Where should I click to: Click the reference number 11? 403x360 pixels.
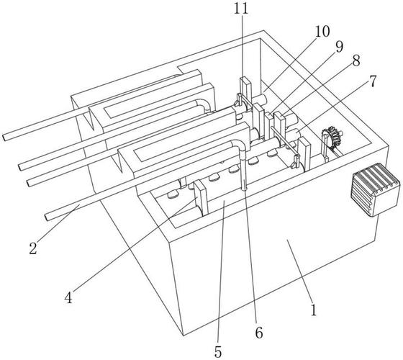241,8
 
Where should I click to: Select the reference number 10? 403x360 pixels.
322,32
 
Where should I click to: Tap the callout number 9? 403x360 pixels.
339,47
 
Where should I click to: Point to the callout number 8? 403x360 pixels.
356,61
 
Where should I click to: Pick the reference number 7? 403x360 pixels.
373,81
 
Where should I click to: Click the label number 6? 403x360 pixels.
259,333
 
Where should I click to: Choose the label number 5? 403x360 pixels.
217,352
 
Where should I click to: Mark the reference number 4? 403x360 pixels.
68,298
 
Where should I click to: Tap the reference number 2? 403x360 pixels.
33,248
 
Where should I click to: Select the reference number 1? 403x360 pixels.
313,310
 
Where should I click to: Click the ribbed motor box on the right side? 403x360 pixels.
375,189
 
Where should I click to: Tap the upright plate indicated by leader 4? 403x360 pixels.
201,198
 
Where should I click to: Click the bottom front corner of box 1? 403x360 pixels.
184,336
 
